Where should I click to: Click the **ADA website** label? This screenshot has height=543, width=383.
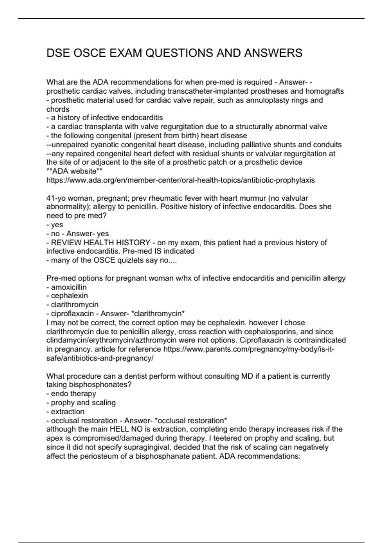tap(74, 171)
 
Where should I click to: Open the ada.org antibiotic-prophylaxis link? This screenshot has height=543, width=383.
tap(180, 180)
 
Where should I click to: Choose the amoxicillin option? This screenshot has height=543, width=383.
tap(69, 287)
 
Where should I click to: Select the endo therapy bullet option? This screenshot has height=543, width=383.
tap(73, 394)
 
